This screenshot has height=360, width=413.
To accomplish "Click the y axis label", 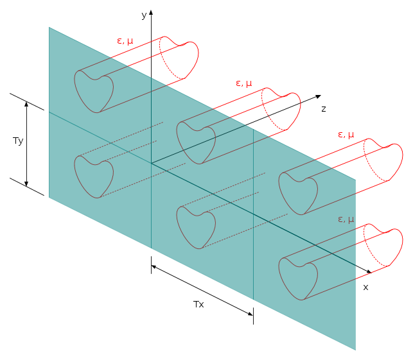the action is (144, 15).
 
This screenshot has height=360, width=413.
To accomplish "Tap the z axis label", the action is (324, 108).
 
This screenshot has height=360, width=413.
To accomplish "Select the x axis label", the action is (365, 287).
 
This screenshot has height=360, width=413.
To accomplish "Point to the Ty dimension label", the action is (18, 141).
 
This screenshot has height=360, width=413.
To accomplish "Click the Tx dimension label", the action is (198, 304).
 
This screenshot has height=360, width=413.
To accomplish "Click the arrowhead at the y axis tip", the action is (151, 12).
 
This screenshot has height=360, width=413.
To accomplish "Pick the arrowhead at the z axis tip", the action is (319, 97).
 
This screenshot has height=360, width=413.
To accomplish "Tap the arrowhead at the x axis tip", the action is (369, 271).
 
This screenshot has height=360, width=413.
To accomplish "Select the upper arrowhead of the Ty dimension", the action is (26, 104).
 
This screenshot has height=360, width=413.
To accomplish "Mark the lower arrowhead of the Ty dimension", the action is (26, 183).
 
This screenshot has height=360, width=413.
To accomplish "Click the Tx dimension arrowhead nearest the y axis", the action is (154, 267).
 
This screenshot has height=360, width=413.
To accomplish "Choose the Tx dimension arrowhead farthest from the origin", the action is (250, 313).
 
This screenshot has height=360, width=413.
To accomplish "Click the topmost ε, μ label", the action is (125, 41).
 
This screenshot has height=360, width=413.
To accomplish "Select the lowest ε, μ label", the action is (346, 219).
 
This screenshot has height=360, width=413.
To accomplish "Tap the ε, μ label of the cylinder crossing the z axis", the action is (244, 83).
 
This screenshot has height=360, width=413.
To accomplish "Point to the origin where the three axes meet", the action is (151, 163).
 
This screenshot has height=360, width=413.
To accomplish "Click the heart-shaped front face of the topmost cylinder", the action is (94, 92).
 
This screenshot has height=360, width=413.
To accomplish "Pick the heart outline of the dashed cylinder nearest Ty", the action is (94, 176).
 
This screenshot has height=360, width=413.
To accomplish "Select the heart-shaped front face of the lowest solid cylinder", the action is (298, 279).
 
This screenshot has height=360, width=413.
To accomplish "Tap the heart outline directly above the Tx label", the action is (196, 228).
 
